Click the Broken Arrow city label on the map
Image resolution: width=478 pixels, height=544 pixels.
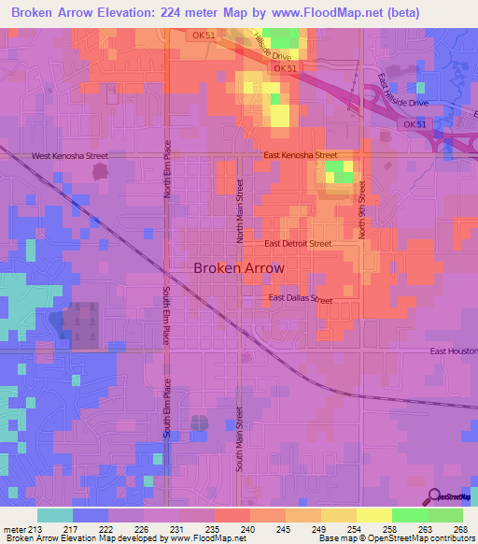(x=238, y=267)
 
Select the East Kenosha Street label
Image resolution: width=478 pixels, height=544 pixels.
(x=300, y=155)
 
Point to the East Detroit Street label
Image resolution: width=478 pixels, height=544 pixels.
(x=298, y=243)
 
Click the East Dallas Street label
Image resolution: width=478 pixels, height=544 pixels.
(x=301, y=299)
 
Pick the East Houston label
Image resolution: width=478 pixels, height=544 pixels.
(x=453, y=351)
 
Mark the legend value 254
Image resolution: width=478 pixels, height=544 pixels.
(x=355, y=531)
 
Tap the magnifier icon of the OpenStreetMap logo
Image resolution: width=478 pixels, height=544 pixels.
(x=435, y=496)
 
